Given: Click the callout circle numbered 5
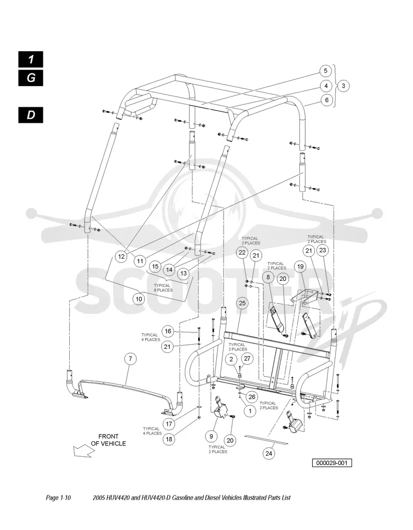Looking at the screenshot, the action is click(x=325, y=71).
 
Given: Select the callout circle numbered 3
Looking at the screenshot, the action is click(x=343, y=86).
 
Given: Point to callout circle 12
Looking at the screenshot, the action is click(x=121, y=256).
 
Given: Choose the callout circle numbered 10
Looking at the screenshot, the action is click(x=139, y=299).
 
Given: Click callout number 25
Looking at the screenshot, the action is click(x=242, y=303).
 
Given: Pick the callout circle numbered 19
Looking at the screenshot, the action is click(x=300, y=267).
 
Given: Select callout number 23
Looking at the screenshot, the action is click(x=323, y=250).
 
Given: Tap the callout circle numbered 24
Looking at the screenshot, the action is click(x=268, y=453).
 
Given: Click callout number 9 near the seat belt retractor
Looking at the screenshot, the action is click(x=212, y=437).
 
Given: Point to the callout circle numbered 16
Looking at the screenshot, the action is click(x=168, y=331).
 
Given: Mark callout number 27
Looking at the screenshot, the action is click(x=247, y=359).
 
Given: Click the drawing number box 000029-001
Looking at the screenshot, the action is click(x=332, y=463).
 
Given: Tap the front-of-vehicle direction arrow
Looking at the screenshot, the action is click(x=84, y=451).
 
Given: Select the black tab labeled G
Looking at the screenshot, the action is click(x=31, y=78).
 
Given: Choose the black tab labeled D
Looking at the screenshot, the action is click(x=31, y=115).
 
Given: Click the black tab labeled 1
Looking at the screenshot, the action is click(x=31, y=59).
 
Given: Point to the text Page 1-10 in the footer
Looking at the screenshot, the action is click(x=58, y=497).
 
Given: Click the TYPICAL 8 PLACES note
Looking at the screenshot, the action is click(x=163, y=287).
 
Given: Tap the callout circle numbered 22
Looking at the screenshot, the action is click(x=242, y=252).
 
